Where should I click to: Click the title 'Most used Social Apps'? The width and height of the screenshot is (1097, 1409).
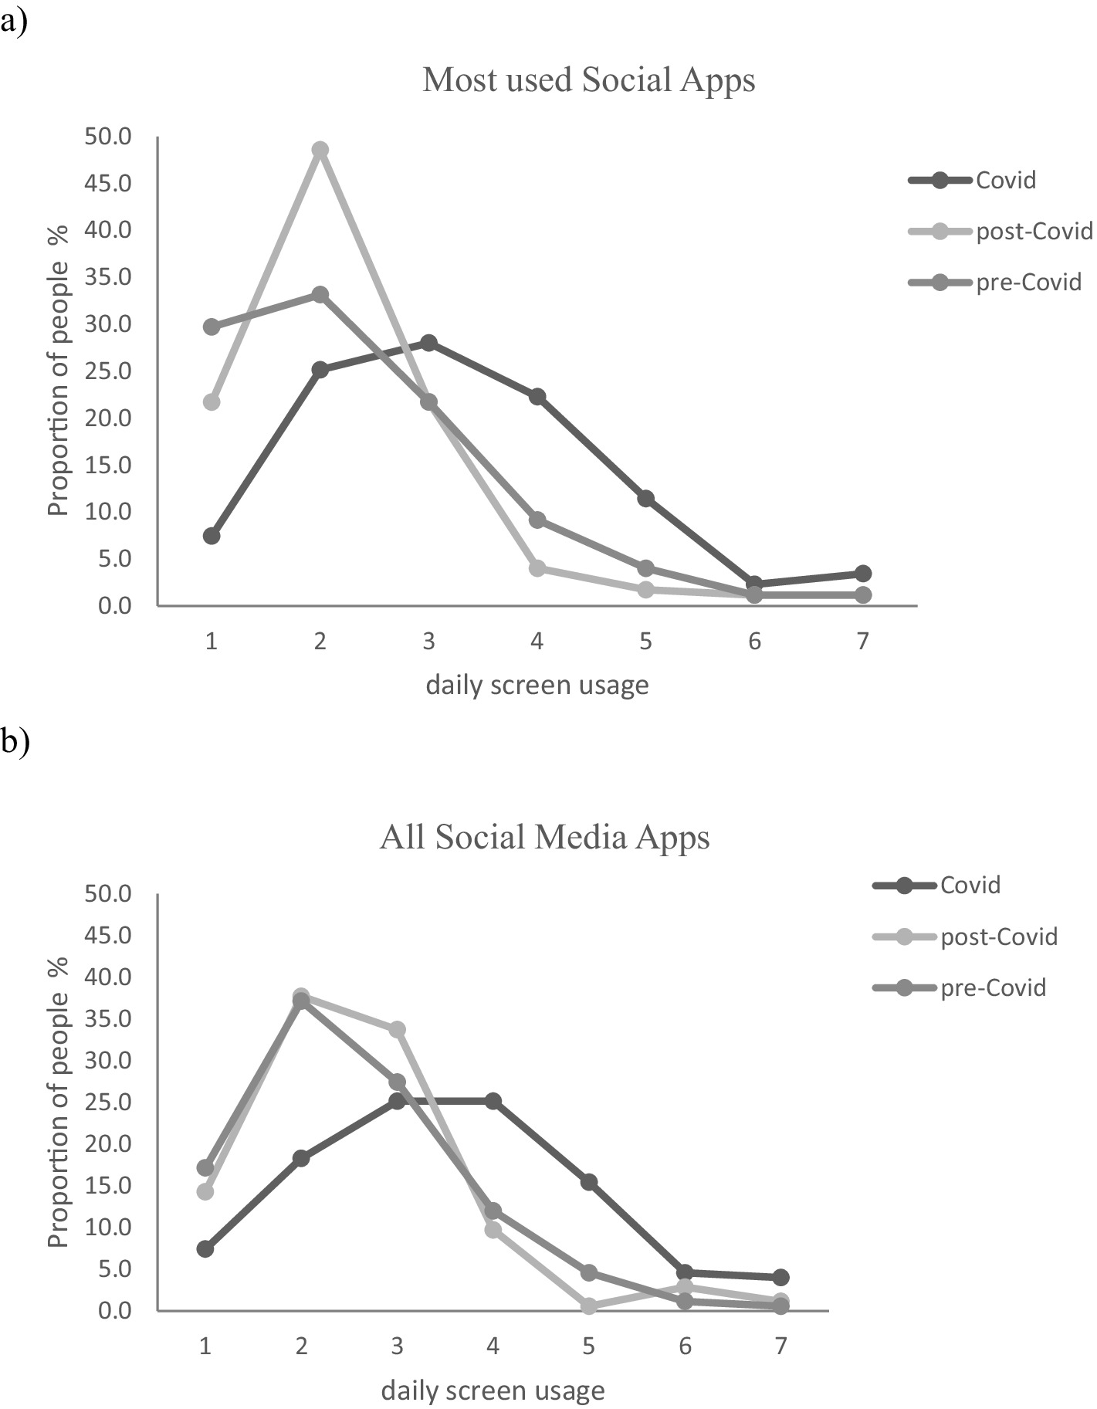tap(588, 80)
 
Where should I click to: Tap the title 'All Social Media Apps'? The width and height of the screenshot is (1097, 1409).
tap(544, 837)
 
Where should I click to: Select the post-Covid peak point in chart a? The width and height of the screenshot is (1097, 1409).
tap(320, 150)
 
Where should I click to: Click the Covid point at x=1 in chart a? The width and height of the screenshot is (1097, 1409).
tap(212, 536)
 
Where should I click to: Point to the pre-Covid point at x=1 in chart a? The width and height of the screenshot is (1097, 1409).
tap(212, 327)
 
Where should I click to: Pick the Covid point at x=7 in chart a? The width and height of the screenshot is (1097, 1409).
tap(863, 574)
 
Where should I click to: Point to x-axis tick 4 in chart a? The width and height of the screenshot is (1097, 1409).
tap(537, 642)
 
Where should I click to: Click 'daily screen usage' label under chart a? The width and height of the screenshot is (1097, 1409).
tap(537, 685)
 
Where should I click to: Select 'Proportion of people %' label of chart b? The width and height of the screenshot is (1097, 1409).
tap(59, 1102)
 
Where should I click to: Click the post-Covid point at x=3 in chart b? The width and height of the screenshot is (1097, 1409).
tap(397, 1029)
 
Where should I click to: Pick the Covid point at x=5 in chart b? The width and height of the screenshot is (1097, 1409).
tap(589, 1181)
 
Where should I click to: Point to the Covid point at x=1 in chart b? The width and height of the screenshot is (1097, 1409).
tap(205, 1248)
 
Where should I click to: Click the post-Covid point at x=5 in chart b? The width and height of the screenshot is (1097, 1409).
tap(589, 1306)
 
